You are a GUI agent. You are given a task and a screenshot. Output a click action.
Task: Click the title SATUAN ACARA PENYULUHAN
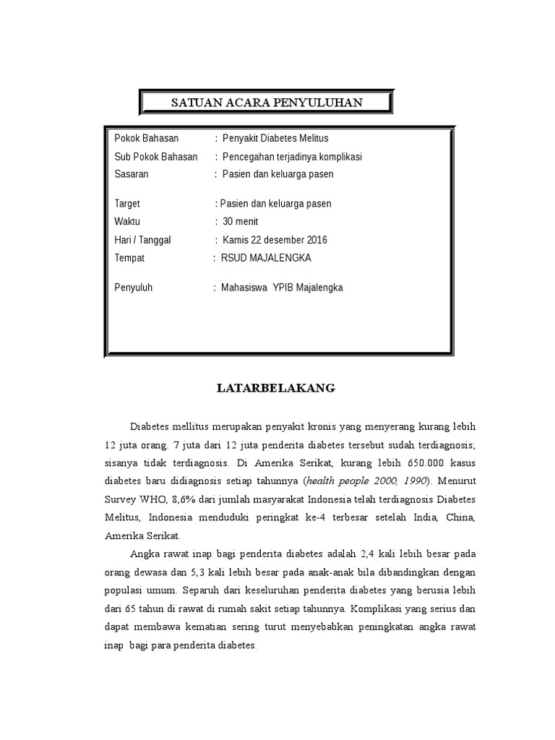pos(266,103)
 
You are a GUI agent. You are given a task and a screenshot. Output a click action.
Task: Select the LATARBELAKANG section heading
pos(277,388)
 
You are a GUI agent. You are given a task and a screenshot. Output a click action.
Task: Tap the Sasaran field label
pos(132,174)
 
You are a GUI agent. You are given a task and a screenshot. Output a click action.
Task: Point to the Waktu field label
pos(127,221)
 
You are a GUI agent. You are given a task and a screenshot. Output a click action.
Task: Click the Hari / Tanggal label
pos(143,240)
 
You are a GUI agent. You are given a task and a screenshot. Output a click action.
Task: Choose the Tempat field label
pos(130,257)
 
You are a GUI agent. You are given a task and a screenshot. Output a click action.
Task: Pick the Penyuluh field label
pos(134,287)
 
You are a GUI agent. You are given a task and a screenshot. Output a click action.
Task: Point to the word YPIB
pos(285,287)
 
